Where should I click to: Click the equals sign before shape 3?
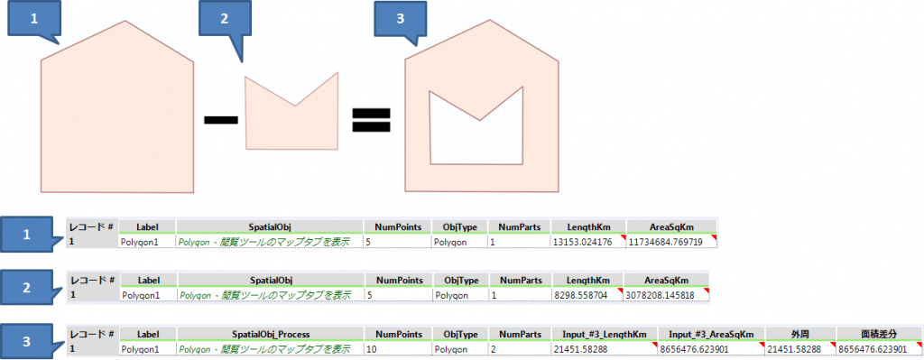371,120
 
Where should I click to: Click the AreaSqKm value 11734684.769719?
670,242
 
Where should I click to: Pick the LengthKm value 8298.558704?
585,294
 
